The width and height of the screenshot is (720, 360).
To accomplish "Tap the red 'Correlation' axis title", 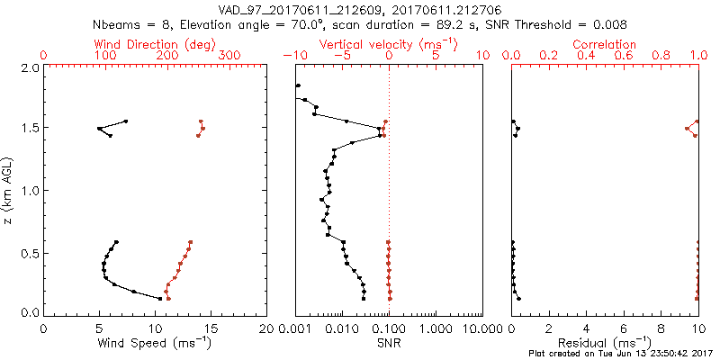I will (x=605, y=44).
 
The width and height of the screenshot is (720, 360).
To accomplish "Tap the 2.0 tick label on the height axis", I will (x=30, y=68).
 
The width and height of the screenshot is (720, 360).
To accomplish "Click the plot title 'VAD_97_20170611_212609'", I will (x=297, y=9).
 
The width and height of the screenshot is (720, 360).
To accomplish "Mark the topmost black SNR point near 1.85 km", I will (x=298, y=85).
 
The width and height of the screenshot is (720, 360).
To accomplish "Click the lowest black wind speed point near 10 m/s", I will (x=161, y=299).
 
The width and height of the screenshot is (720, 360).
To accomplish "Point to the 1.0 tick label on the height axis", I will (x=30, y=191).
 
